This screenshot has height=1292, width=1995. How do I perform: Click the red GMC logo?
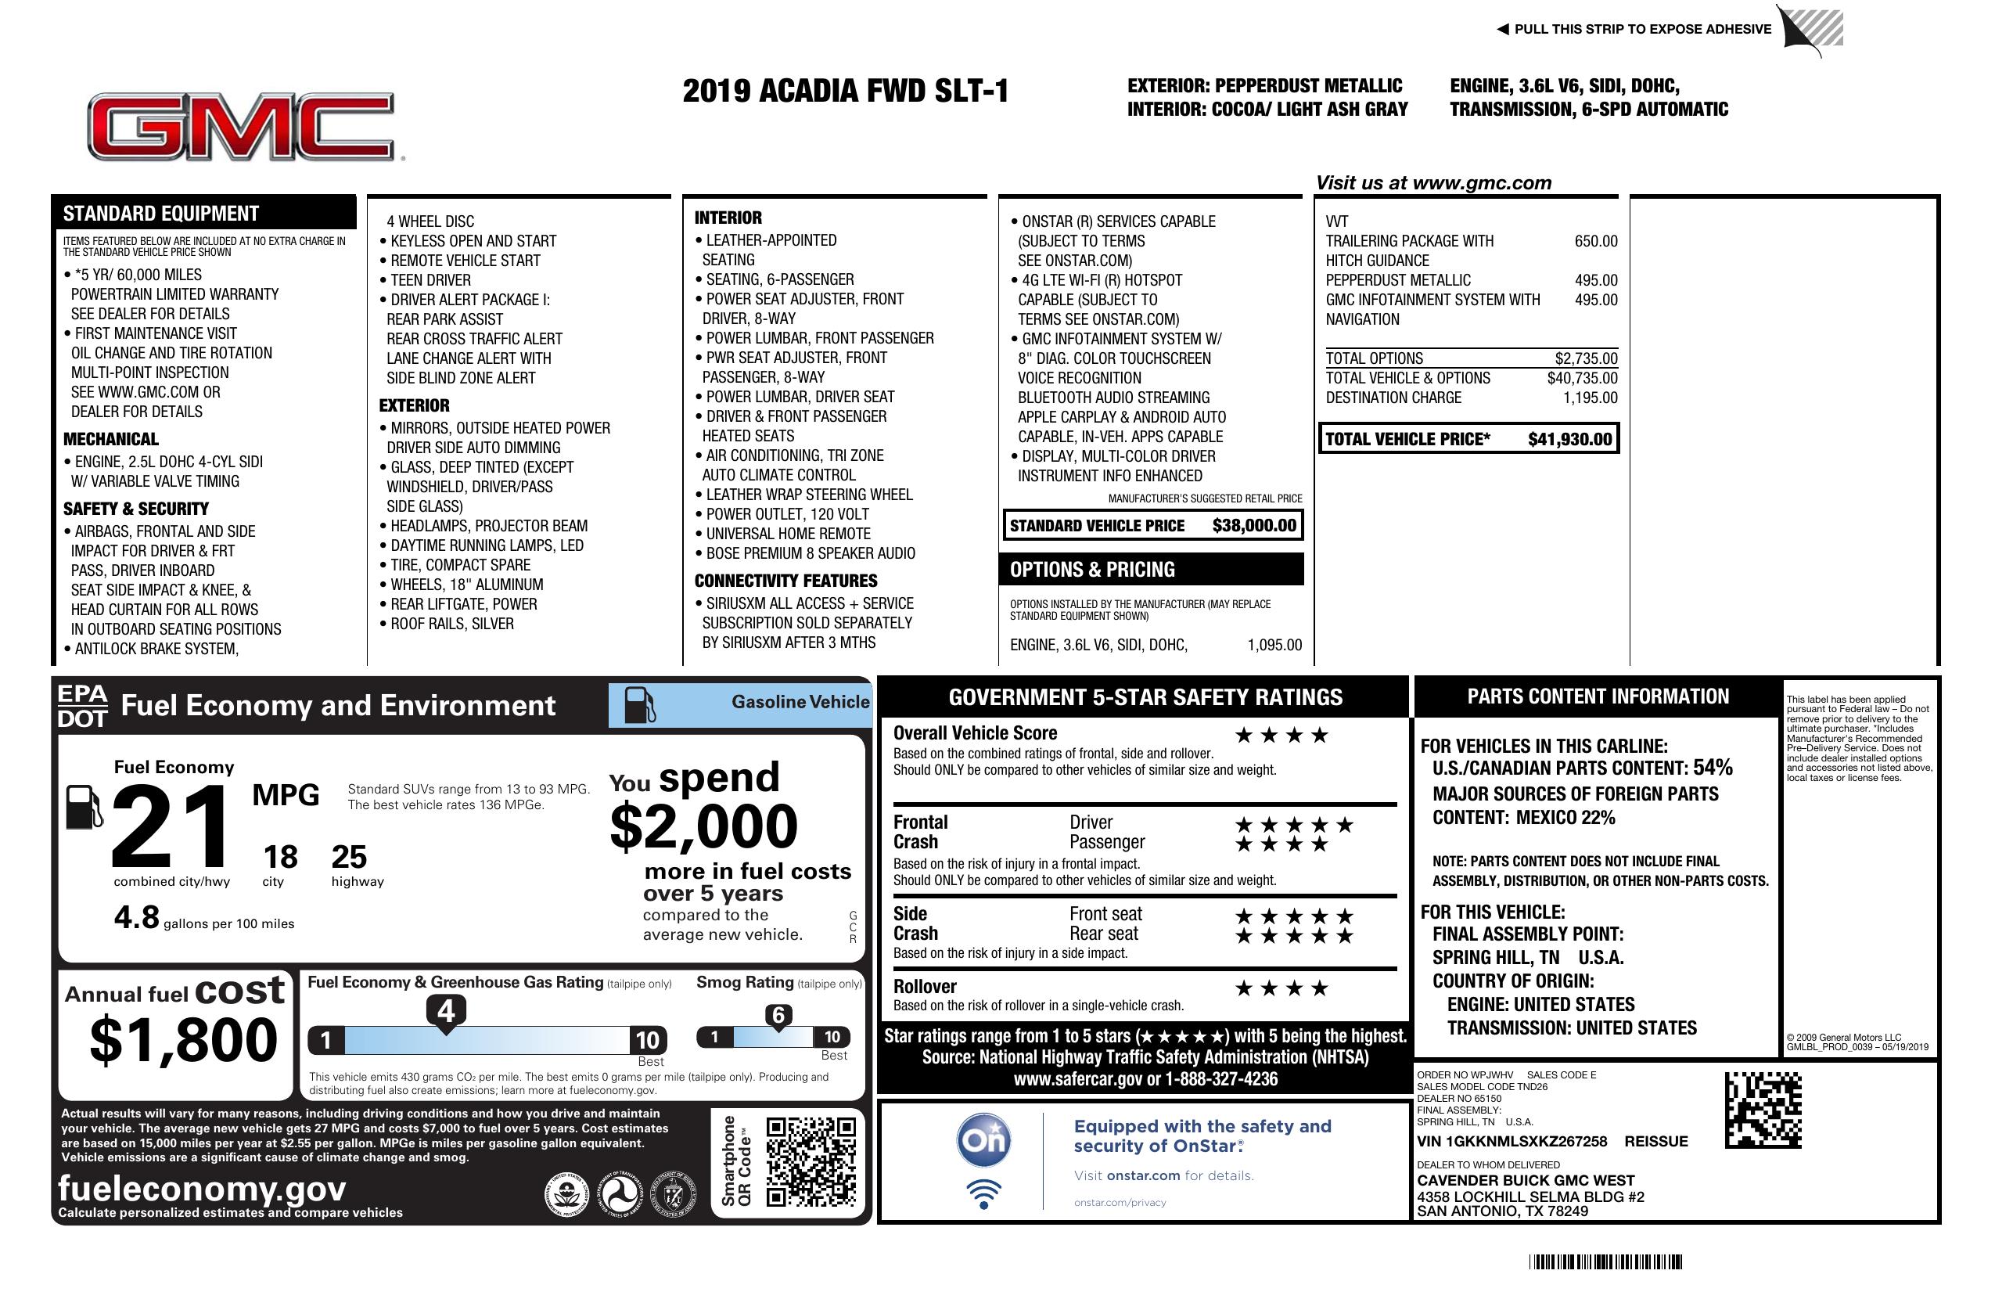(242, 127)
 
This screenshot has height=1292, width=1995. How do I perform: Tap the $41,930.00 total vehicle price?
(1569, 439)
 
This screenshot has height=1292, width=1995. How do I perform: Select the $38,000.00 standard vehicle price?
(1254, 526)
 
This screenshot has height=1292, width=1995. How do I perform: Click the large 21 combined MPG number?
(171, 826)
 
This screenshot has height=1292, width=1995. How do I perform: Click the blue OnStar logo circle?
(983, 1140)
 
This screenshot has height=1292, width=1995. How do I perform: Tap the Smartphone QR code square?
(811, 1161)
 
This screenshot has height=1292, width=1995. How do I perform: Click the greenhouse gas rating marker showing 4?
(446, 1012)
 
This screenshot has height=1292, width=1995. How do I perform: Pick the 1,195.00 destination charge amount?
(1589, 398)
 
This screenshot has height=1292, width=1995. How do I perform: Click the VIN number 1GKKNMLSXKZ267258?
(1512, 1142)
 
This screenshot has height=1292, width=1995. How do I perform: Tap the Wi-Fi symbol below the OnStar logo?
(983, 1194)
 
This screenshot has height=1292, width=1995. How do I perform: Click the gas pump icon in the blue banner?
(640, 704)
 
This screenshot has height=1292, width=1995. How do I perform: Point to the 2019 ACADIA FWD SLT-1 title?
(845, 92)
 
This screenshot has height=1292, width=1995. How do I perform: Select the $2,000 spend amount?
(703, 826)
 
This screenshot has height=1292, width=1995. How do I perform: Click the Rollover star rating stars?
(1281, 988)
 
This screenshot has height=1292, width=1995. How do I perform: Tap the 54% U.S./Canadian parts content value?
(1712, 768)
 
